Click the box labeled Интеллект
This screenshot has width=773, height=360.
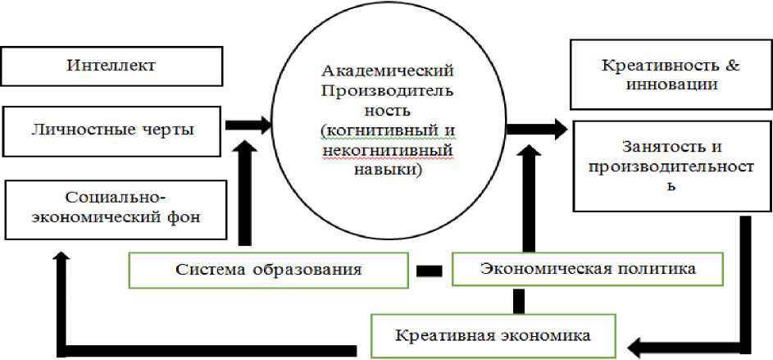click(x=113, y=65)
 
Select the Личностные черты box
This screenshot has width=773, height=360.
click(x=113, y=128)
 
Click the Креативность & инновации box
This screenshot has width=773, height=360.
click(x=671, y=75)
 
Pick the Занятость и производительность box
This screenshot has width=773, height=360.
click(x=671, y=166)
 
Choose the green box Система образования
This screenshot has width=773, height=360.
click(x=269, y=269)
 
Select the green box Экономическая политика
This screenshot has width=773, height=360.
click(x=588, y=269)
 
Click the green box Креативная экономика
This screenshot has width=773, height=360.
click(x=493, y=335)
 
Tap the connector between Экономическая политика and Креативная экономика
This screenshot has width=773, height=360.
click(x=517, y=300)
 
